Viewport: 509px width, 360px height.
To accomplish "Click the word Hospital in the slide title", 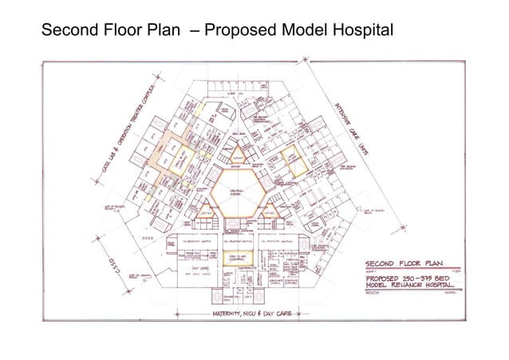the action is pyautogui.click(x=356, y=30).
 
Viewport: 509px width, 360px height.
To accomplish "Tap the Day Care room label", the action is pyautogui.click(x=189, y=269).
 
